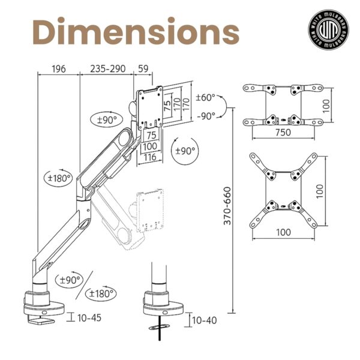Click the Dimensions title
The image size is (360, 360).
pos(136,31)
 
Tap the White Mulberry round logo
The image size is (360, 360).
pos(328,29)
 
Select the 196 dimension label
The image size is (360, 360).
pos(59,69)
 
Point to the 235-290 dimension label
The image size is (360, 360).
pos(107,68)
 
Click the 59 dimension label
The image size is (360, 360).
pos(143,68)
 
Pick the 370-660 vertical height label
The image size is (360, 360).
pos(227,206)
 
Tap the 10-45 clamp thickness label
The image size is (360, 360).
pos(89,318)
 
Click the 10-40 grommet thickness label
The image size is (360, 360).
pos(204,320)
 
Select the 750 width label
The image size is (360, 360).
pos(283,132)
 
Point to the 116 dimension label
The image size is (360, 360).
pos(150,157)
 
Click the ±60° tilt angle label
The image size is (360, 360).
pos(205,97)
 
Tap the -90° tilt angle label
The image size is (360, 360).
pos(206,116)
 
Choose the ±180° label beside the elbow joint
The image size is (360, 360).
pos(58,178)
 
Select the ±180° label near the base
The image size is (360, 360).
pos(101,293)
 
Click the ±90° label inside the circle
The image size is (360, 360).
pos(185,151)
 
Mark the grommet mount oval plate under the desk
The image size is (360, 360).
pos(160,327)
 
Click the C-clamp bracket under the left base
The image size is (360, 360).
pos(41,320)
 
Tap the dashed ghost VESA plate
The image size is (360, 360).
pos(150,211)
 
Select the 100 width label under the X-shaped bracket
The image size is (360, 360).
pos(284,232)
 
